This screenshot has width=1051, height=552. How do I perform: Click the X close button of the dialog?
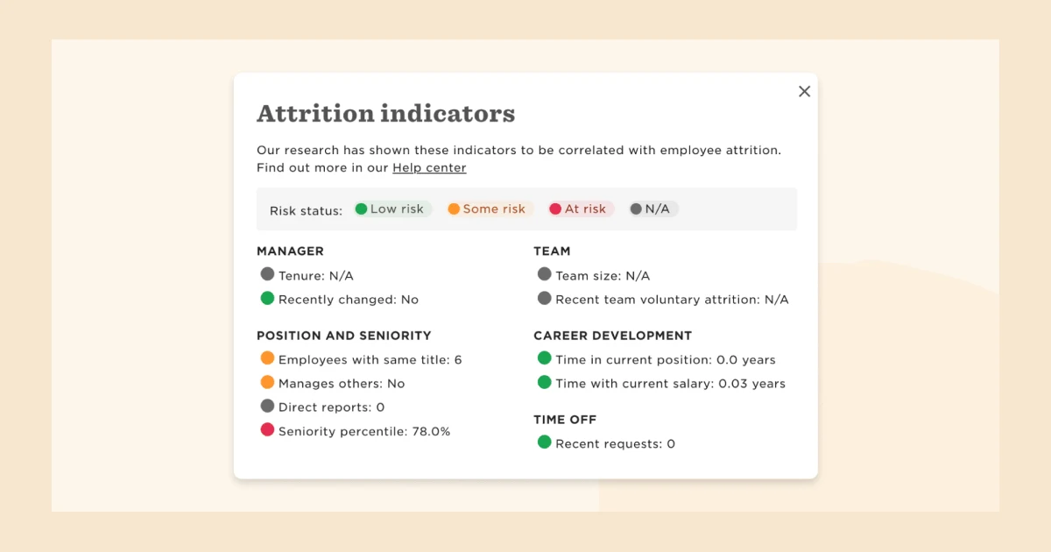click(804, 91)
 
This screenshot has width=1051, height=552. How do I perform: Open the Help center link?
click(429, 167)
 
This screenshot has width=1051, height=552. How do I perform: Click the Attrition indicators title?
click(385, 114)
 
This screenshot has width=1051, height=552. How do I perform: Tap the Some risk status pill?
click(487, 209)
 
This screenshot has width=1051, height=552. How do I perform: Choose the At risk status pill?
click(578, 209)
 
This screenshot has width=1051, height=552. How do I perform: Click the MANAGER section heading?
click(290, 251)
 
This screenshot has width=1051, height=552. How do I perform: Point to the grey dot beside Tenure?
click(267, 274)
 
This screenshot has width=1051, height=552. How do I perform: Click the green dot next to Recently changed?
click(267, 299)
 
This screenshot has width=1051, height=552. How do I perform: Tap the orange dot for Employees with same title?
click(267, 358)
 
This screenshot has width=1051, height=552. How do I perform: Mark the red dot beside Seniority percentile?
click(267, 430)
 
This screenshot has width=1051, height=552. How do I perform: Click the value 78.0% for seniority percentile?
click(431, 431)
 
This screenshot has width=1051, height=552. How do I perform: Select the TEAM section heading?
click(552, 251)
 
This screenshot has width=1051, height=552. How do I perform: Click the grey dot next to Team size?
click(544, 274)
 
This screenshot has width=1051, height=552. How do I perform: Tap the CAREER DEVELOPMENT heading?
click(612, 336)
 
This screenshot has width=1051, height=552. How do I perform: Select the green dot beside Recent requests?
click(544, 442)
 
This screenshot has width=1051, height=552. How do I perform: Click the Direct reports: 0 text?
click(331, 407)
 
